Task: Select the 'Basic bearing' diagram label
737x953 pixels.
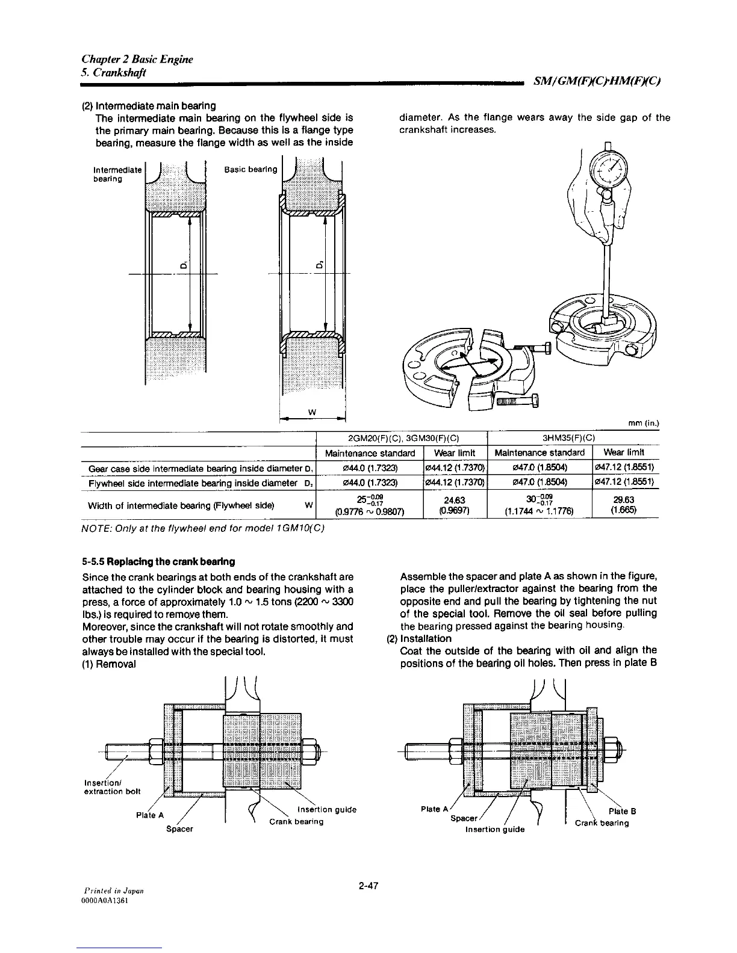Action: [250, 169]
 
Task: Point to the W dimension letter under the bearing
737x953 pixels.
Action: [312, 412]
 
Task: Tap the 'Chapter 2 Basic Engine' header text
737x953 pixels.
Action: [137, 59]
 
